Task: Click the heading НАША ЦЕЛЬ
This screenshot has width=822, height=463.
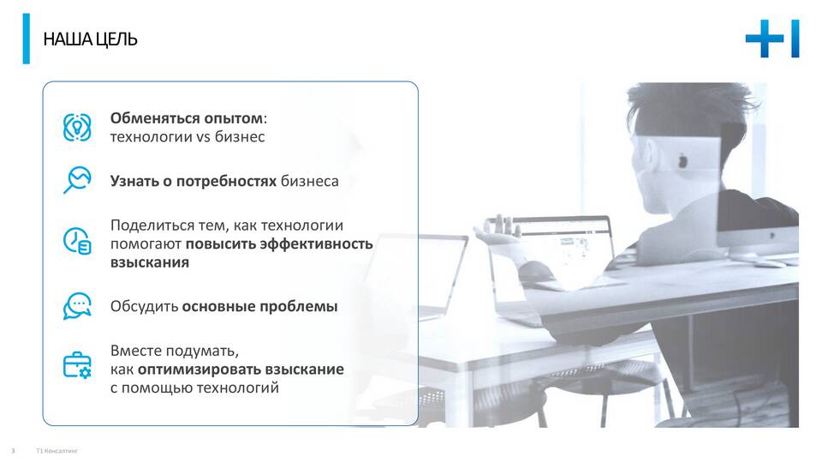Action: pos(90,39)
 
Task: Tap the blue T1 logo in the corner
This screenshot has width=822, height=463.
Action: pos(772,39)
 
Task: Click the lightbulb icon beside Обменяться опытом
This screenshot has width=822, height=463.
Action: pos(77,128)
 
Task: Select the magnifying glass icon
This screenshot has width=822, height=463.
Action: pos(77,180)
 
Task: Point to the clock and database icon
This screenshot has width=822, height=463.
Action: pos(77,241)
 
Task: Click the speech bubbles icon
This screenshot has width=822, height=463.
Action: pos(77,306)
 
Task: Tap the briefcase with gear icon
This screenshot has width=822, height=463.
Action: pos(77,365)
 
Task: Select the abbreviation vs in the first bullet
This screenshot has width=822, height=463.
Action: pos(204,137)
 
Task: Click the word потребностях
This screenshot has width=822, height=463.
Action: pos(226,182)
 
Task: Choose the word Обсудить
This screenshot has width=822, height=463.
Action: pos(144,306)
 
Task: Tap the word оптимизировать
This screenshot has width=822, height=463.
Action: pos(200,370)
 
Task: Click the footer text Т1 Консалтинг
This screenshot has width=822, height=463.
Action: pos(57,451)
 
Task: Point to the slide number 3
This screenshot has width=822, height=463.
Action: pos(13,451)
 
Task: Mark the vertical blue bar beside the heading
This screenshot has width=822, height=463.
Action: pos(27,39)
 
